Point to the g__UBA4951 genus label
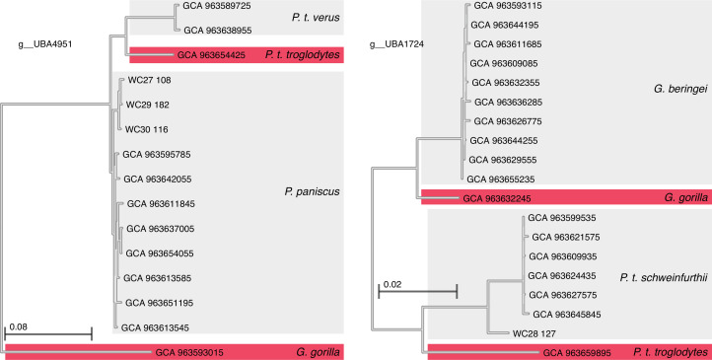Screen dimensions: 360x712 click(47, 44)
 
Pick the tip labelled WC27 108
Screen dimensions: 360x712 click(151, 81)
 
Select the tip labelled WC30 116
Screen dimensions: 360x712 click(151, 129)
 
